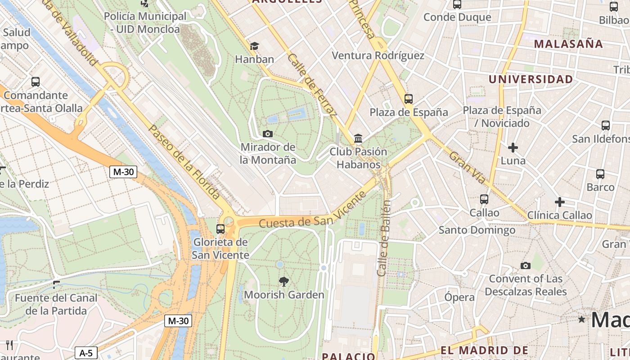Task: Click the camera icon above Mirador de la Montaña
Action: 267,134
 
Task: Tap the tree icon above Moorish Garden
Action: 283,282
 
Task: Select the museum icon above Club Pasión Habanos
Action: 358,138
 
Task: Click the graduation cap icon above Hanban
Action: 254,46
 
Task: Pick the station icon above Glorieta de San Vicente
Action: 220,229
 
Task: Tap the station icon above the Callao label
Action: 484,199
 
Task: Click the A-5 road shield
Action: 86,353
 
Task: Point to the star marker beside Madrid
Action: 582,319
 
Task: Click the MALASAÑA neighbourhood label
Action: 568,44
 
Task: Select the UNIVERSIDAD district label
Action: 531,80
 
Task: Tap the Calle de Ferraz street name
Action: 311,85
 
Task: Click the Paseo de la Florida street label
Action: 184,162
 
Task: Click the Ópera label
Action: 459,297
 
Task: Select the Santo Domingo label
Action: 477,230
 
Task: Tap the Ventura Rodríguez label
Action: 378,55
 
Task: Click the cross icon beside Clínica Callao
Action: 559,202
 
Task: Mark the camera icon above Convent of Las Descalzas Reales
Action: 525,265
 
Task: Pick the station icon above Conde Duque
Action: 457,4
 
